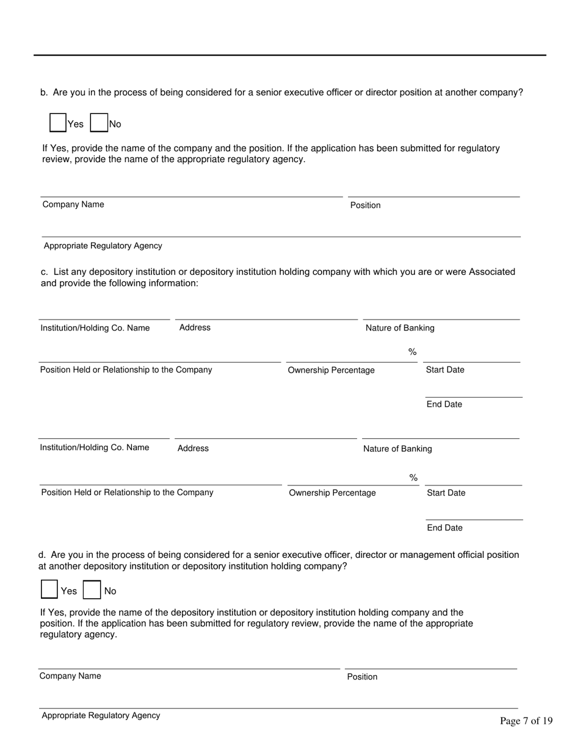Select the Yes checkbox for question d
point(49,590)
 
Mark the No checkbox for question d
point(92,590)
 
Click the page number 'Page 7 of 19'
point(526,721)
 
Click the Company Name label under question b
point(73,204)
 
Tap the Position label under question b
point(365,205)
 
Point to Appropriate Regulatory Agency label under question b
point(103,246)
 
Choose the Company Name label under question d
point(70,676)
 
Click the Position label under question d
point(362,677)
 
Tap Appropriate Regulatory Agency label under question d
point(101,715)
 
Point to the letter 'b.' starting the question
point(44,93)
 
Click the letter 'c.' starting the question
point(45,272)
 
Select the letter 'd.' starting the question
point(42,555)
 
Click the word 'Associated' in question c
point(491,272)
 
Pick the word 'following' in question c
point(124,284)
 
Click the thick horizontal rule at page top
point(290,55)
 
